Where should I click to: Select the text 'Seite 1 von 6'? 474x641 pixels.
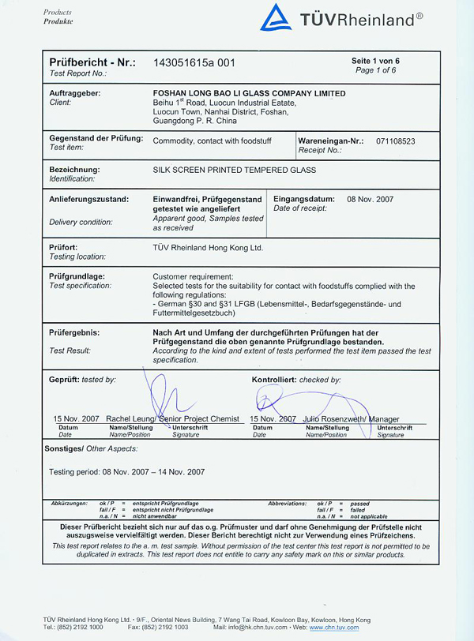(x=376, y=61)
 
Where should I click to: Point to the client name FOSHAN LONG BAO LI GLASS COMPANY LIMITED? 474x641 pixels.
(x=249, y=93)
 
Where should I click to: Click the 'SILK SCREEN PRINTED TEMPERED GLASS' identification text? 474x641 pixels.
(x=234, y=170)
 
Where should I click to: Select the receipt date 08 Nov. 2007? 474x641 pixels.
(x=371, y=199)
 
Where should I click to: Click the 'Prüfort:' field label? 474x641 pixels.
(x=63, y=248)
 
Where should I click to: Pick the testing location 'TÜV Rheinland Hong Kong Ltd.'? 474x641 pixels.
(x=208, y=248)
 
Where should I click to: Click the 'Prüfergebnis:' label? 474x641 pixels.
(x=74, y=333)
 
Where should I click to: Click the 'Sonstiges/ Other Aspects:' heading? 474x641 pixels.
(x=82, y=448)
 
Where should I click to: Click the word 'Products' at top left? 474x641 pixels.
(x=58, y=13)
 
